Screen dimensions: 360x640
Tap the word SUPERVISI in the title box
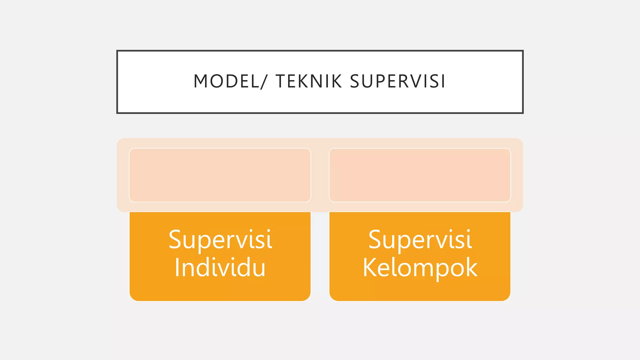397,81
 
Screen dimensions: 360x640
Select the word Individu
220,267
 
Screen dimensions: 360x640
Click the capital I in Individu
177,267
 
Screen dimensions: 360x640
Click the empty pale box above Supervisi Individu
220,175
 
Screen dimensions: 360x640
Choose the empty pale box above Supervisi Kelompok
420,175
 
